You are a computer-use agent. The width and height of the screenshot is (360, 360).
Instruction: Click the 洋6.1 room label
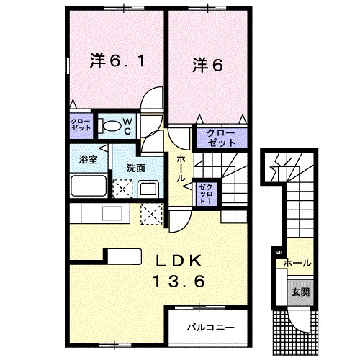point(120,63)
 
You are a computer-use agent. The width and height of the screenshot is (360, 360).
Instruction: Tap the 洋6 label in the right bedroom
point(207,65)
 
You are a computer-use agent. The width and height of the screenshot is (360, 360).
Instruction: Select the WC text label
point(125,127)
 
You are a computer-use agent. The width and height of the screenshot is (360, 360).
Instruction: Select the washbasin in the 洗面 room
point(148,189)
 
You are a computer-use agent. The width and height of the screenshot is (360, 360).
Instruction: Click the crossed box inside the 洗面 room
point(123,189)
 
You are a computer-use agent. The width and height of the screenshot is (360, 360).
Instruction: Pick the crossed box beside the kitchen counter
point(151,214)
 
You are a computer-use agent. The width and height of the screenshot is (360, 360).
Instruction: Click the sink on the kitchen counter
point(112,214)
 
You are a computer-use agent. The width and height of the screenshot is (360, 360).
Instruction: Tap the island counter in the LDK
point(125,255)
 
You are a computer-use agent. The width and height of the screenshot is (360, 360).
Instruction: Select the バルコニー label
point(210,327)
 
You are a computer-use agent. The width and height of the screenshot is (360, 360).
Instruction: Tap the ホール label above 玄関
point(297,264)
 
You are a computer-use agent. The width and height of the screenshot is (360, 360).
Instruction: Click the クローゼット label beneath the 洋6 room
point(222,138)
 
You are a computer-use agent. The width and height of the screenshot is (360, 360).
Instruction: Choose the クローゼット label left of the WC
point(81,124)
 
